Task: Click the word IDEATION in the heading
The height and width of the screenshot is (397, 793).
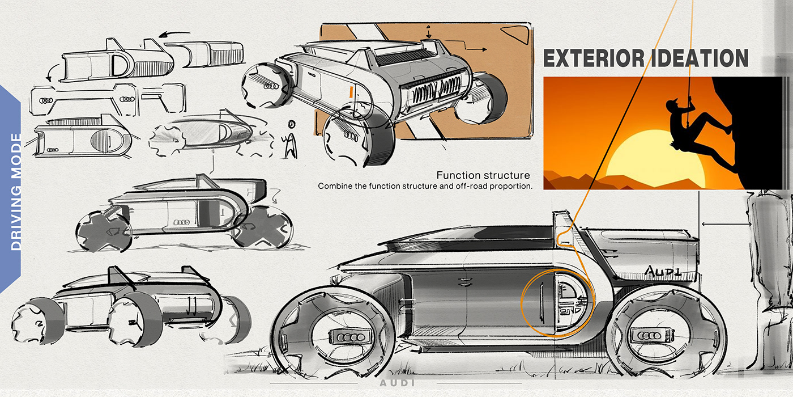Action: click(701, 58)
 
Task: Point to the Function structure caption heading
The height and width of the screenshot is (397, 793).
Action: click(483, 175)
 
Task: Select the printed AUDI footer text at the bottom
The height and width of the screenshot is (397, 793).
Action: click(396, 382)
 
